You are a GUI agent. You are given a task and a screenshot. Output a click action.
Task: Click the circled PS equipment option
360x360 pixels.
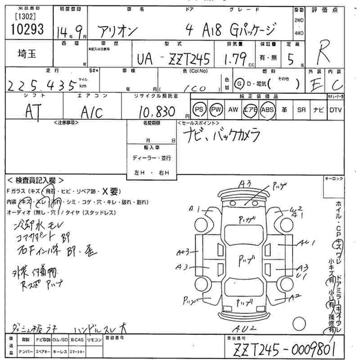pyautogui.click(x=199, y=110)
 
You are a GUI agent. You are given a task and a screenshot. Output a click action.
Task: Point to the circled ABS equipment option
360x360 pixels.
pyautogui.click(x=267, y=110)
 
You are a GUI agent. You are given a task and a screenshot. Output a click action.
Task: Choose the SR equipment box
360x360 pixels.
pyautogui.click(x=301, y=110)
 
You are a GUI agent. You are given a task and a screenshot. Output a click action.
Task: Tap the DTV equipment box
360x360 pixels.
pyautogui.click(x=335, y=110)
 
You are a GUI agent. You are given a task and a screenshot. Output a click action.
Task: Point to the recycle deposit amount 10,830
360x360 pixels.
pyautogui.click(x=157, y=111)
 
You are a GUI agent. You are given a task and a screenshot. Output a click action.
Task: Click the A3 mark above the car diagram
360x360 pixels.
pyautogui.click(x=244, y=183)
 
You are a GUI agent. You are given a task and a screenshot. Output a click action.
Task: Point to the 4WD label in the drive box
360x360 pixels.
pyautogui.click(x=299, y=33)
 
